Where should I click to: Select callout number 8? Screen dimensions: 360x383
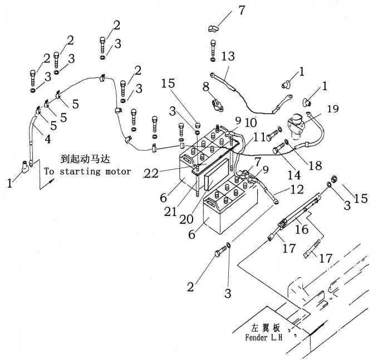click(206, 87)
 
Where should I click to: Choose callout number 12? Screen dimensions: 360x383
click(298, 190)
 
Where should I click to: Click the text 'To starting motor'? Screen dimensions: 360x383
click(87, 172)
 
